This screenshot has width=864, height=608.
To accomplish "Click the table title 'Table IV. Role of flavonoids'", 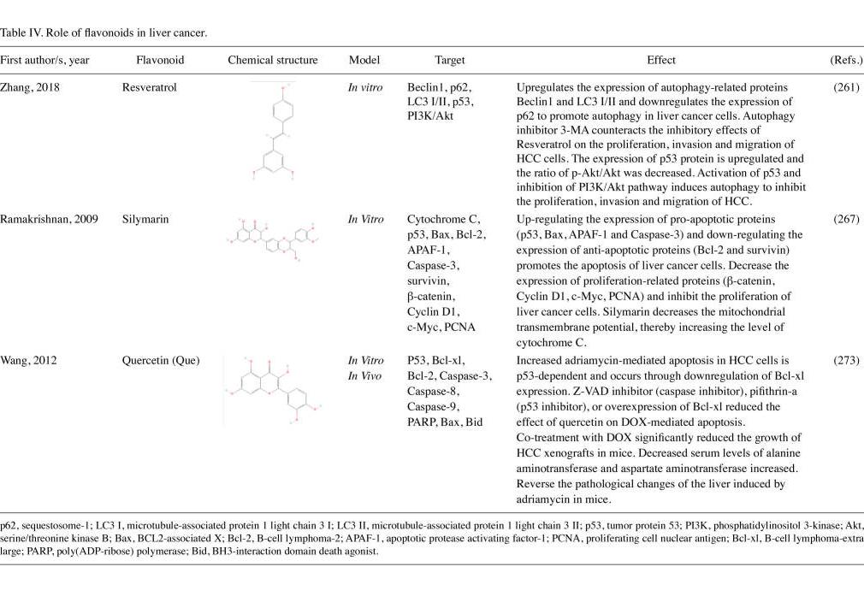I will pos(104,33).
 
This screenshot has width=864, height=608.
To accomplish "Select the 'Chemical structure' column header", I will pos(273,61).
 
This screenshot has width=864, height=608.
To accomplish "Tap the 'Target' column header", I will pos(450,61).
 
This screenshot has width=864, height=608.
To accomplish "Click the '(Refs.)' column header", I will pos(846,61).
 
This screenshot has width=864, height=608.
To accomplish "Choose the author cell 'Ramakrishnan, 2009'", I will pos(49,219).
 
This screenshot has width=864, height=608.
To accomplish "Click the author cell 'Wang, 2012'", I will pos(28,360).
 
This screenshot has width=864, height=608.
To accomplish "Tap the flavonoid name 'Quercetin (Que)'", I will pos(161,360).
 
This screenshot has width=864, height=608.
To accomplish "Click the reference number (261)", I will pos(846,87).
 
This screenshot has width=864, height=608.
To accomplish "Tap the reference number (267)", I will pos(846,219).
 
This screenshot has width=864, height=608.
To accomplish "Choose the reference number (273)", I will pos(846,360).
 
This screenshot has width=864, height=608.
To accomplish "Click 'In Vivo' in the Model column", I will pos(365,376).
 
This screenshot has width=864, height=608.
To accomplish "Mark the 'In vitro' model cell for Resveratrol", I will pos(365,87).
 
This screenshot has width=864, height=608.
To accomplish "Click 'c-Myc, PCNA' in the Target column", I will pos(441,327).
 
